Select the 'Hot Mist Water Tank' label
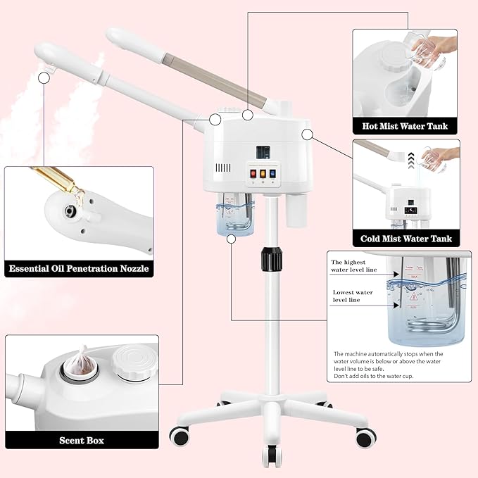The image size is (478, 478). (404, 127)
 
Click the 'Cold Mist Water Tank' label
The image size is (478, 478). (406, 239)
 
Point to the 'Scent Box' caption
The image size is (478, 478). (81, 440)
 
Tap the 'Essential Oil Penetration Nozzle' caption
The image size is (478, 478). (79, 268)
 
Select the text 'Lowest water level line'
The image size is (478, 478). (352, 296)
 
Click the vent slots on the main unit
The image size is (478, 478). (223, 169)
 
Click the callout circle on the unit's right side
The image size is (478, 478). (306, 133)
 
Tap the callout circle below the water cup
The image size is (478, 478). (231, 239)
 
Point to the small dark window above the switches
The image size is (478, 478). (264, 151)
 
